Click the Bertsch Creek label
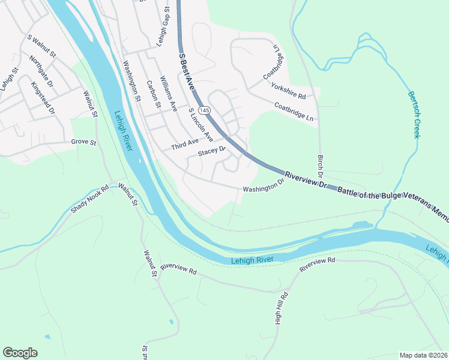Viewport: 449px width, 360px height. click(x=414, y=114)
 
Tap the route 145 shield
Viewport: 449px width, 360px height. click(x=205, y=110)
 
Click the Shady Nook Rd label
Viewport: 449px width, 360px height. click(x=90, y=199)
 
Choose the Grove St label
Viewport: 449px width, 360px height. click(x=83, y=142)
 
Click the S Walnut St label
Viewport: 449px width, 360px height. click(x=41, y=46)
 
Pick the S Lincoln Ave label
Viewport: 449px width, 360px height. click(x=200, y=124)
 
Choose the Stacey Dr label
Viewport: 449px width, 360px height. click(x=211, y=151)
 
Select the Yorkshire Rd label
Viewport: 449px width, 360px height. click(x=289, y=91)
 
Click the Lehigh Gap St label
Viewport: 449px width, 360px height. click(x=161, y=27)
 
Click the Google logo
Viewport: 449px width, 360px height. click(x=20, y=353)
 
